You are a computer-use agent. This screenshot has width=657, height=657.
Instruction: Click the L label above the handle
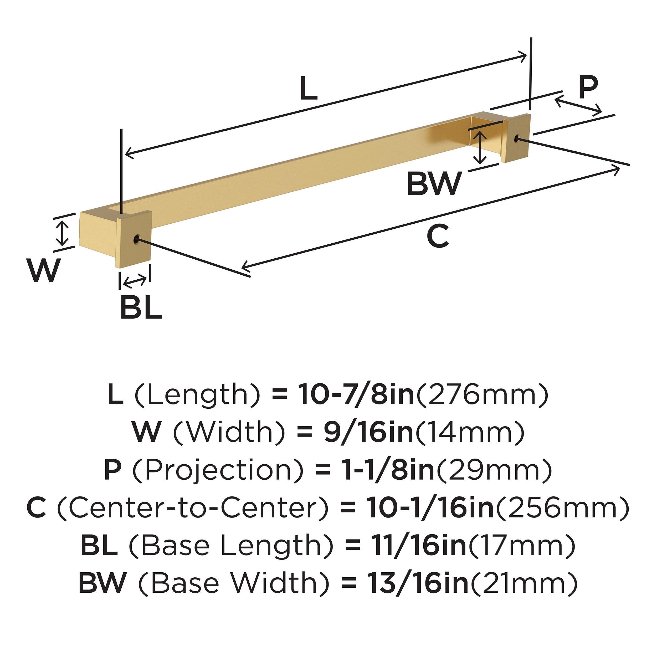[x=309, y=89]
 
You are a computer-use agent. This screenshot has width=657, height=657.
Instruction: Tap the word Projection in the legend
[x=218, y=470]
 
